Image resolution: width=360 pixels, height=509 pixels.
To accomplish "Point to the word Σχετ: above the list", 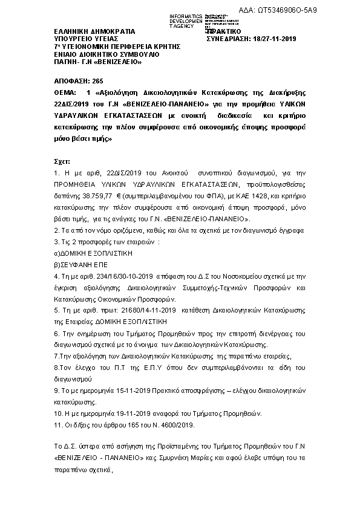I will [62, 162].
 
